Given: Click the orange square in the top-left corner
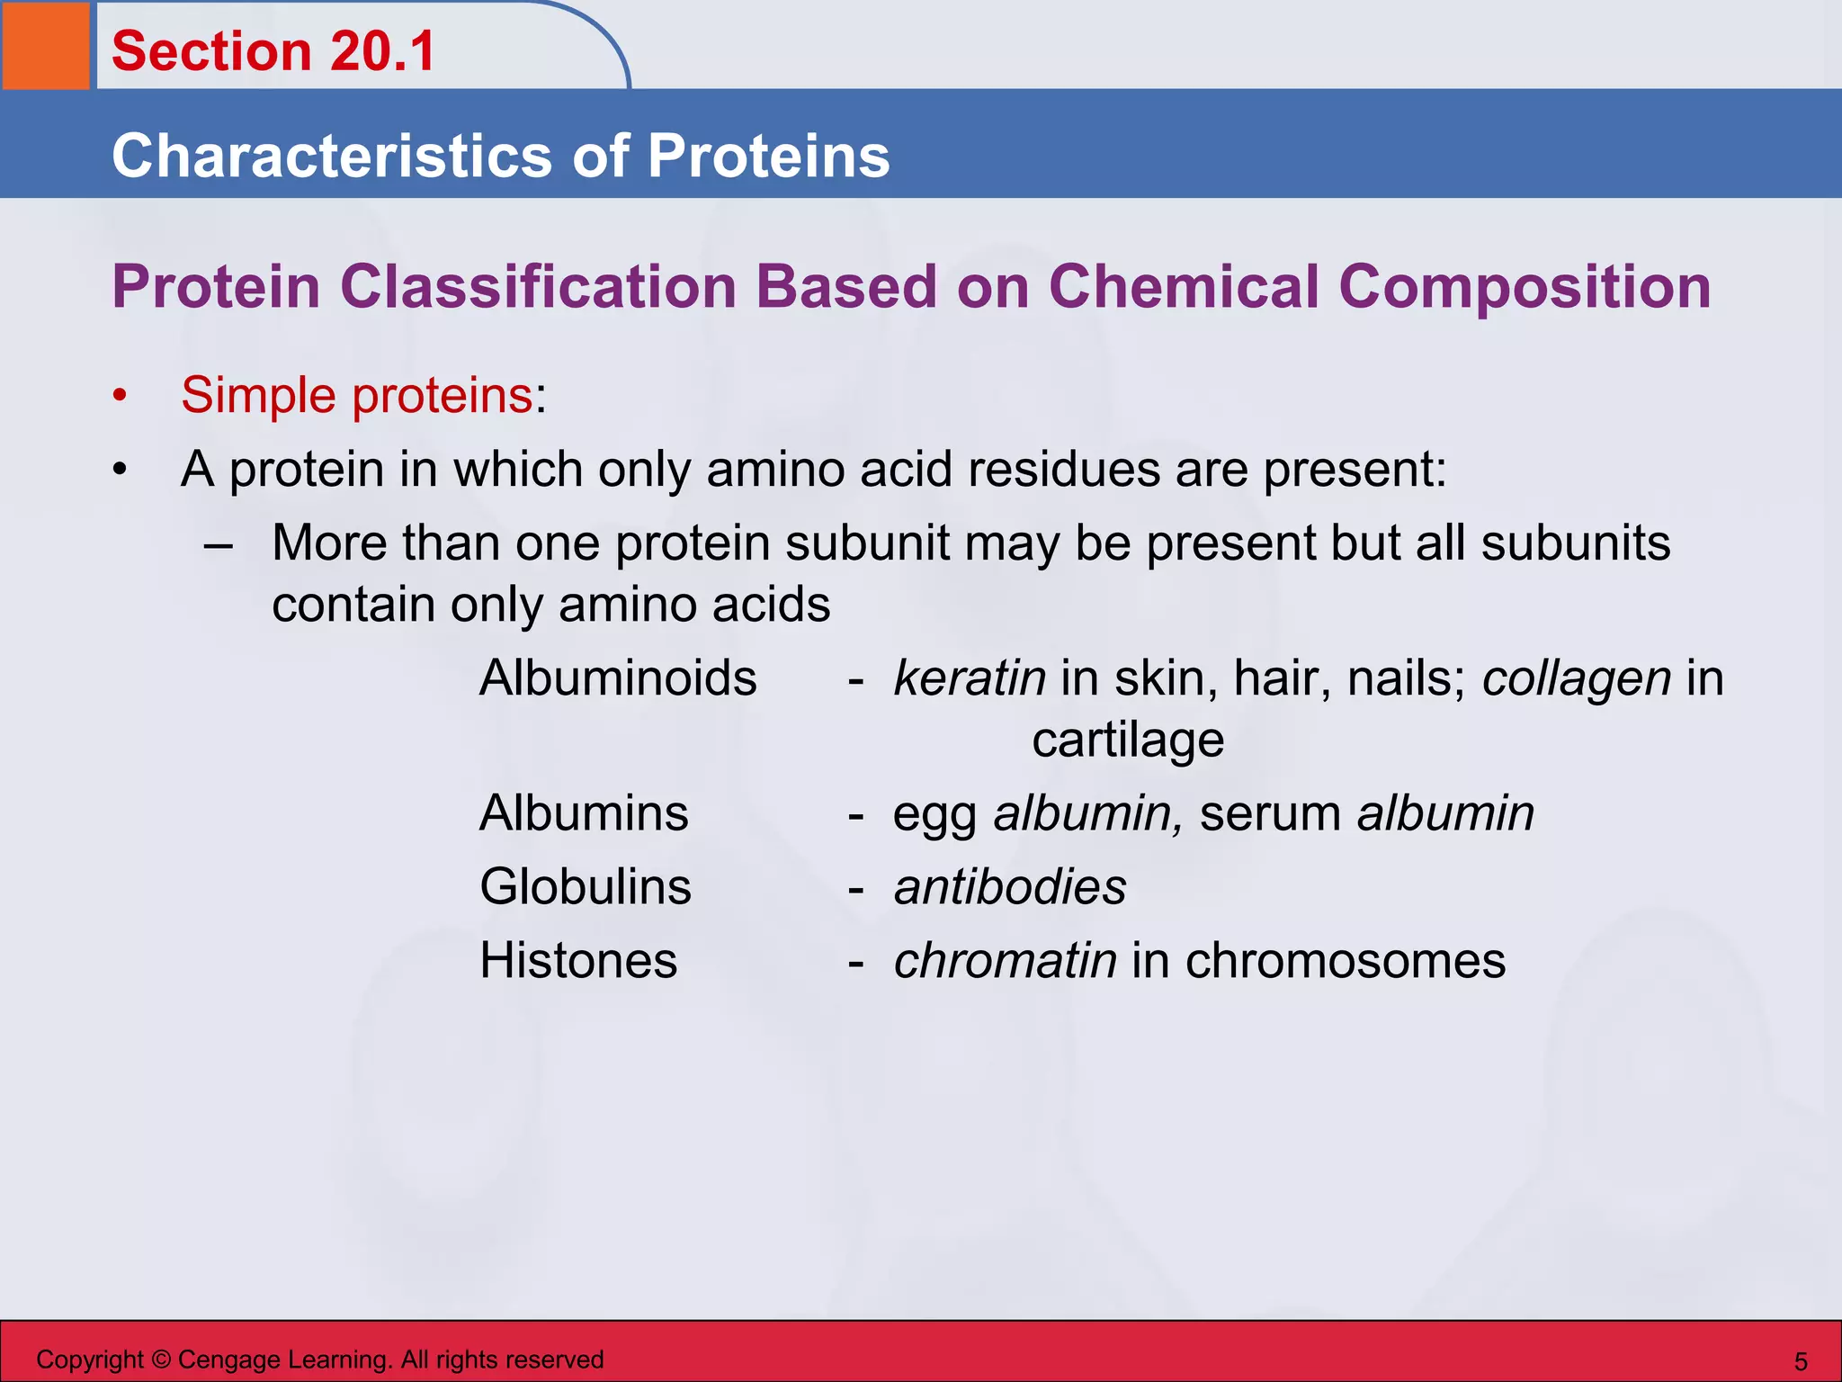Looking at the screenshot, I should click(45, 45).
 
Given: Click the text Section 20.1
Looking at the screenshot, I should click(273, 51).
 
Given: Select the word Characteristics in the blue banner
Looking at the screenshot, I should click(332, 156).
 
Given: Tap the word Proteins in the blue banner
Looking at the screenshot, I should click(768, 156).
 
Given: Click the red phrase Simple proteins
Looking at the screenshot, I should click(357, 395).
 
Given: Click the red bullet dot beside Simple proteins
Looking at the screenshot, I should click(120, 396).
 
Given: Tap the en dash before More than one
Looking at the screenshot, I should click(219, 545).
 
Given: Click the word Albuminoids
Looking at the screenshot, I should click(618, 678).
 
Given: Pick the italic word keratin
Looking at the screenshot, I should click(969, 678).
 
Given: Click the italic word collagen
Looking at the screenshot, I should click(1576, 679).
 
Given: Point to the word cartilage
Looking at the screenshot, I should click(1127, 740).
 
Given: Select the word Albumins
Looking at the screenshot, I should click(584, 813).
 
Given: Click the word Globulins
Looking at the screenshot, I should click(585, 887).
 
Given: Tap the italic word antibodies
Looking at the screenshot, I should click(1009, 887).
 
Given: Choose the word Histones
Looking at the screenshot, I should click(577, 960).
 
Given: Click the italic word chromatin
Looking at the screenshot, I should click(1005, 960).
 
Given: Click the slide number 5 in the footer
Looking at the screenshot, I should click(1800, 1361).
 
